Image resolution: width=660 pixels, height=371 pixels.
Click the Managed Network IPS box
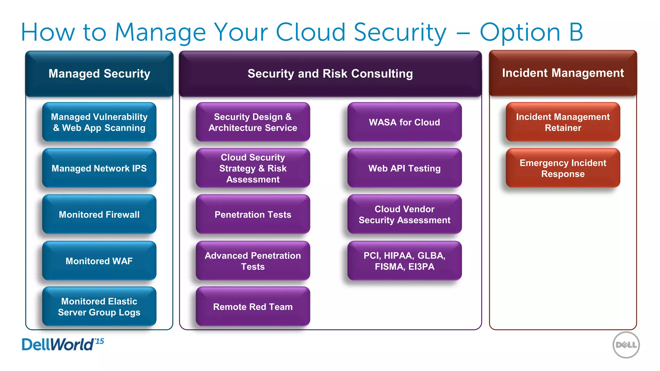99,168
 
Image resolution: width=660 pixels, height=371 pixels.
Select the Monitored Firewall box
99,214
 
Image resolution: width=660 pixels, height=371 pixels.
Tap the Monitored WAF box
99,261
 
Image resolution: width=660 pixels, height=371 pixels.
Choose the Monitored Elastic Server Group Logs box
99,307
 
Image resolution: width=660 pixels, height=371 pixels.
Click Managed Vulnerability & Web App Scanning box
99,122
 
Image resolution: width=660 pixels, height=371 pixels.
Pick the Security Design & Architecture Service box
253,122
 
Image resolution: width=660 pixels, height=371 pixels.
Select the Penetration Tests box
253,214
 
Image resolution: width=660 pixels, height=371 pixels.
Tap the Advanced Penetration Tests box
253,261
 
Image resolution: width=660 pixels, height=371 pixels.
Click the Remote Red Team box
253,307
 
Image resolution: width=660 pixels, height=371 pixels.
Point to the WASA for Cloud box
404,122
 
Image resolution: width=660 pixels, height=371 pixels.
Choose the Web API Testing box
404,168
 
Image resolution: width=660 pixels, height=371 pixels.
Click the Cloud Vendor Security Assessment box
404,214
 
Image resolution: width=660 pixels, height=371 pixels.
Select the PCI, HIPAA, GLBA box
404,261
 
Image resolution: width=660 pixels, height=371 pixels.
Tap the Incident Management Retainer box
563,122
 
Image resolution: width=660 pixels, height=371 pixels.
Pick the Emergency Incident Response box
563,168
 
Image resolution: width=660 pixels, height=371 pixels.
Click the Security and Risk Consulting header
330,74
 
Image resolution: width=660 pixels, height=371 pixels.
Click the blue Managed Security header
99,74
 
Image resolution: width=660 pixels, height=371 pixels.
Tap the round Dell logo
626,345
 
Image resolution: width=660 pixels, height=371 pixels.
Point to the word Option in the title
520,33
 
